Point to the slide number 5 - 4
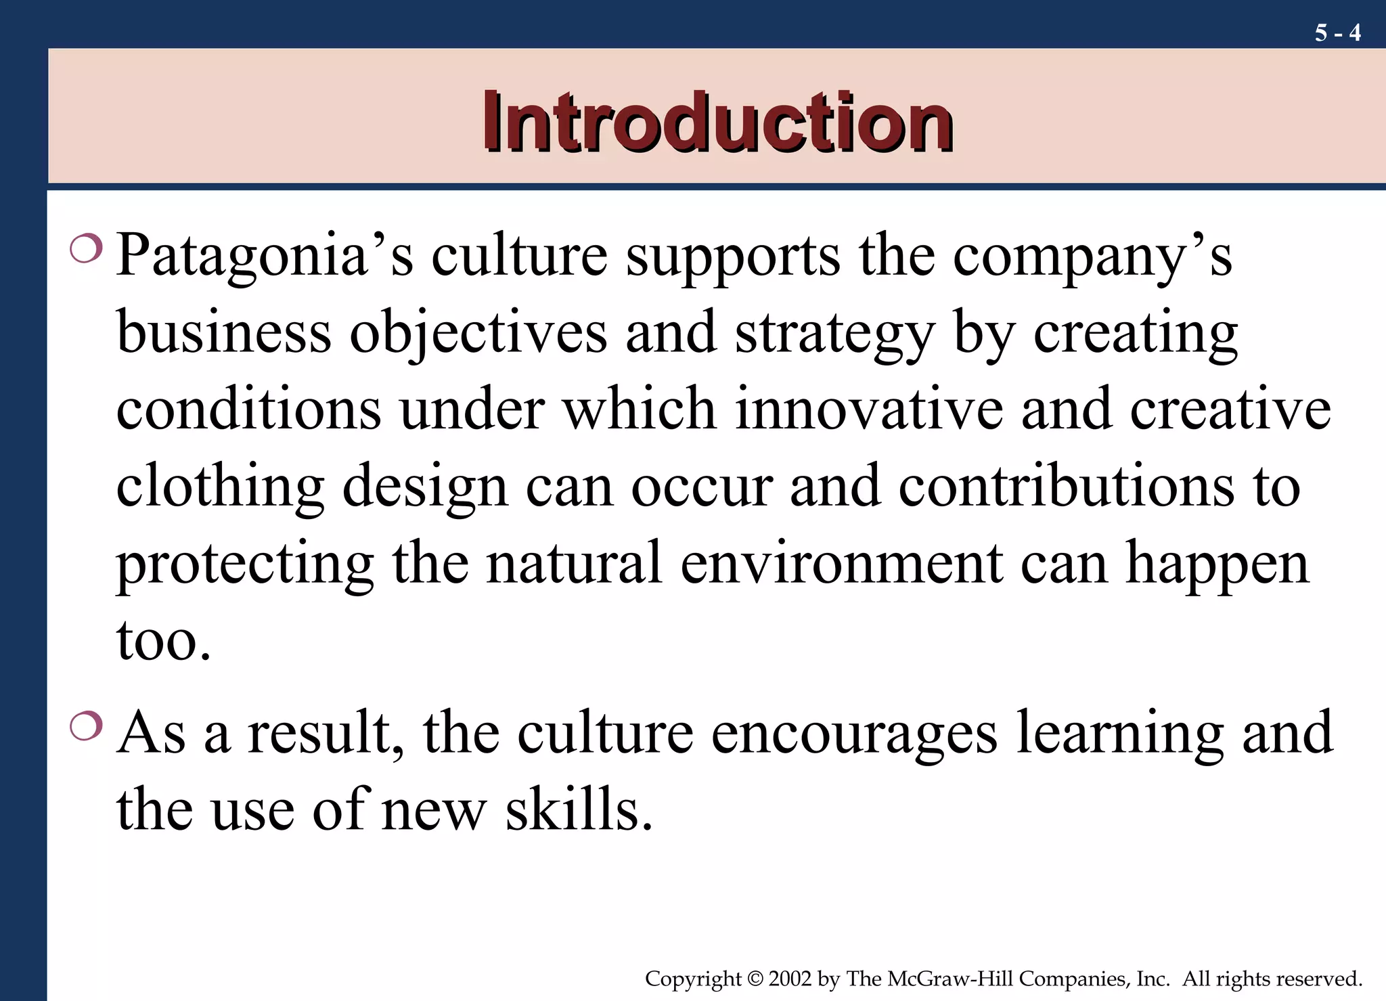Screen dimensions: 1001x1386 (1337, 32)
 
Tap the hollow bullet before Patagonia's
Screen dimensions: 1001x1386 (86, 248)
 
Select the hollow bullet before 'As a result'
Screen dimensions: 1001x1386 (86, 726)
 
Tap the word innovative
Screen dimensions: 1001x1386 (869, 409)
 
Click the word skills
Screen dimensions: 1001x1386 (579, 809)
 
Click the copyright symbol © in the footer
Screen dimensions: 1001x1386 (755, 979)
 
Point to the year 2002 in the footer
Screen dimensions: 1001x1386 (790, 979)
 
